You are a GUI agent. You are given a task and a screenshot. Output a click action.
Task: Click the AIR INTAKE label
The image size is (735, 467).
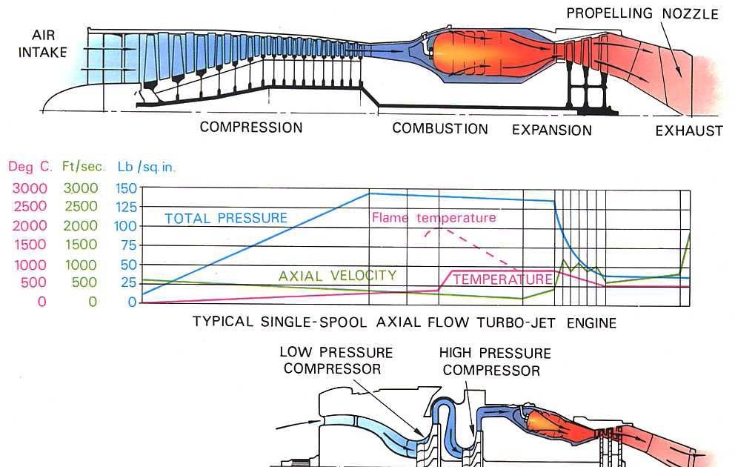click(x=50, y=44)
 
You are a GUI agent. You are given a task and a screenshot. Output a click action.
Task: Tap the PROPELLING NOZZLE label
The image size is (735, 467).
click(x=642, y=14)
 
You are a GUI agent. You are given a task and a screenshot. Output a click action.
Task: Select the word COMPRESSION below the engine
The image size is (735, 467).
click(x=251, y=127)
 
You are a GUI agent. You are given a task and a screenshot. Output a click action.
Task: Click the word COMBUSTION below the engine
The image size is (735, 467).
click(x=440, y=128)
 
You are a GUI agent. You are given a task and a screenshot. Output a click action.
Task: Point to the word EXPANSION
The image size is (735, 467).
click(x=552, y=130)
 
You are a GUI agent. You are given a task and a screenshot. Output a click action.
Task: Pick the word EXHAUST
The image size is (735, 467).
click(x=689, y=131)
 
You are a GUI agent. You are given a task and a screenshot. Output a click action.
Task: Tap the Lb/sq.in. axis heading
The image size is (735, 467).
click(x=147, y=167)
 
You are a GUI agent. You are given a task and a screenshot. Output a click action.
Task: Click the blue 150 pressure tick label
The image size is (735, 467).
click(x=127, y=188)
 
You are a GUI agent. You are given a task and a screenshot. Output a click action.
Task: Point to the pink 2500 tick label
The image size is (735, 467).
click(x=29, y=206)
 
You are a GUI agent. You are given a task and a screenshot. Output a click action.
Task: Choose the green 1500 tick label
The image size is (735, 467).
click(x=80, y=245)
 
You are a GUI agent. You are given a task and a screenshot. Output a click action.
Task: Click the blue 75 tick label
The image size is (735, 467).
click(x=130, y=245)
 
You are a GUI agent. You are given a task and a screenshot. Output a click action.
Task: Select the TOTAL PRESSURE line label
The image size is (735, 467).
click(x=225, y=218)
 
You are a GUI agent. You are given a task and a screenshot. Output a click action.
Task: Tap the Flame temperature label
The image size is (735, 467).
click(x=433, y=218)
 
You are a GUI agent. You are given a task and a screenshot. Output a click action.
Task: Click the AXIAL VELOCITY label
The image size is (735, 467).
click(x=337, y=276)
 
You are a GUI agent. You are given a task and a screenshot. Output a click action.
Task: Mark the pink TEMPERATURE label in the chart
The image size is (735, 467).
click(x=502, y=279)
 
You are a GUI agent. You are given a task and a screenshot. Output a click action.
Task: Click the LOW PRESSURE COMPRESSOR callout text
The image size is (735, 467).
click(x=336, y=360)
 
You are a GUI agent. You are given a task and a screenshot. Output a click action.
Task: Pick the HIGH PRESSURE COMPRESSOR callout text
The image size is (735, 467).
click(x=494, y=362)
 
